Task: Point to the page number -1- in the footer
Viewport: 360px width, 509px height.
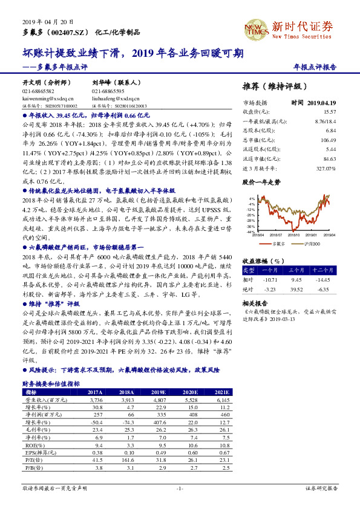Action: coord(180,487)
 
